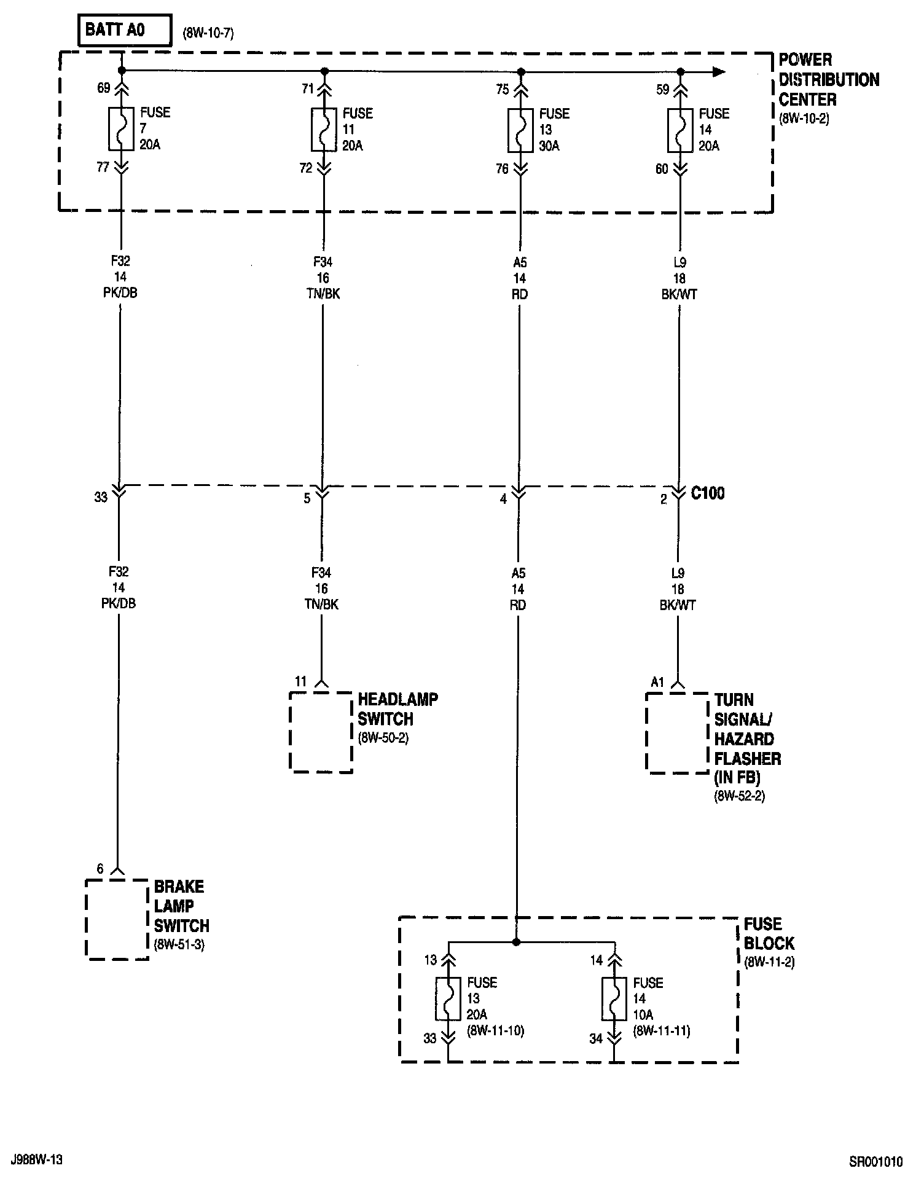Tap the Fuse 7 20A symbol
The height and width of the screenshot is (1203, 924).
tap(121, 129)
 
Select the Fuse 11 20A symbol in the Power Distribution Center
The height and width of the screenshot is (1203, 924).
tap(324, 129)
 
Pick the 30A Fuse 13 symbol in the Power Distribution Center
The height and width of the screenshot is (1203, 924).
tap(520, 130)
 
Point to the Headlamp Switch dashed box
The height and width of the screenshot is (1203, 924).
tap(321, 732)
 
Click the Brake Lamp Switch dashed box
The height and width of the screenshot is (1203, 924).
tap(117, 919)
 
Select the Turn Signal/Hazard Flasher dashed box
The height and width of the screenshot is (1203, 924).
tap(678, 732)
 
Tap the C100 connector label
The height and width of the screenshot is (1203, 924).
tap(708, 493)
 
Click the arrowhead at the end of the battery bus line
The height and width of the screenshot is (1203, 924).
tap(718, 72)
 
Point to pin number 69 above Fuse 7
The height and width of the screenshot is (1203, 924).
tap(103, 88)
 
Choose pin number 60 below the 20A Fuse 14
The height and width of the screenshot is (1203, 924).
tap(662, 169)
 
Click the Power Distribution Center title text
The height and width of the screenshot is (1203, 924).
tap(828, 80)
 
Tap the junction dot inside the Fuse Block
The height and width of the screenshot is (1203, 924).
tap(516, 942)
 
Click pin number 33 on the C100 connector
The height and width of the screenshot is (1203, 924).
tap(101, 497)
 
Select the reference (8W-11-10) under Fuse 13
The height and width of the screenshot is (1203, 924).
tap(495, 1030)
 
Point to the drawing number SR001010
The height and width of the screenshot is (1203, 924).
tap(875, 1162)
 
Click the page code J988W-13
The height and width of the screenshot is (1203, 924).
tap(37, 1160)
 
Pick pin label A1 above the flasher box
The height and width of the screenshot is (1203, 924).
tap(658, 681)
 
